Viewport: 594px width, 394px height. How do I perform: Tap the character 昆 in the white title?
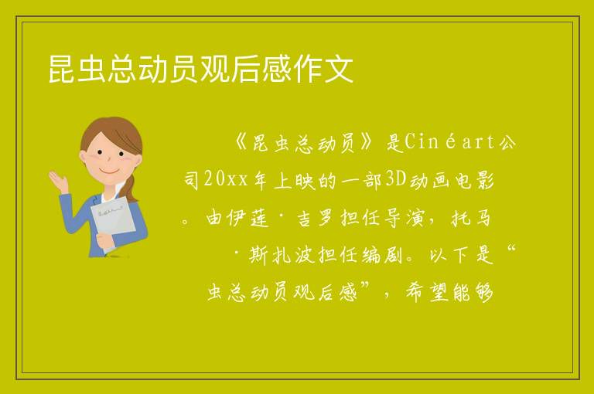coord(61,69)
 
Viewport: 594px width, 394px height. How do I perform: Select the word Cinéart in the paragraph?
coord(449,142)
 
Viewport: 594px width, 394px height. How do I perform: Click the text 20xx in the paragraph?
coord(226,179)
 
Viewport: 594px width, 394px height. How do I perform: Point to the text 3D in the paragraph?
coord(395,179)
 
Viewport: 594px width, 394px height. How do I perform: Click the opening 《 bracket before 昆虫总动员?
coord(241,143)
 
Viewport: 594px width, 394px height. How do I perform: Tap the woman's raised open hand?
coord(58,180)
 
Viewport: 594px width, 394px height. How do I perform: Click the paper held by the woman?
coord(113,219)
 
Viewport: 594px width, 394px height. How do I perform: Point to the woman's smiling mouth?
coord(109,172)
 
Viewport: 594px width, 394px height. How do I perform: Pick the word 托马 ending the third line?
coord(471,219)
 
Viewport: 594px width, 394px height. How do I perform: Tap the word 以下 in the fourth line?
coord(449,256)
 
